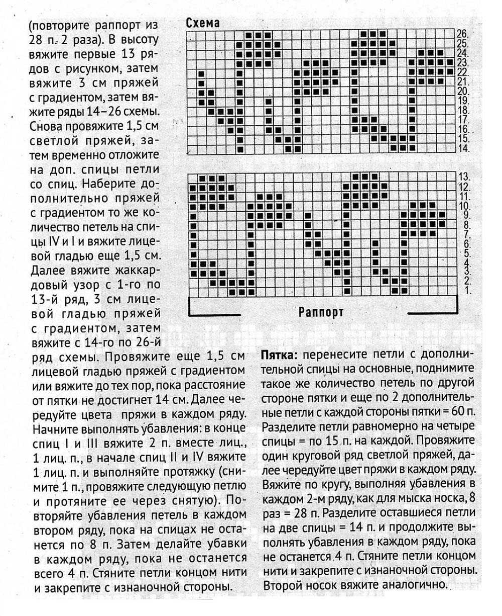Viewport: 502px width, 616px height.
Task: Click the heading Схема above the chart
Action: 203,24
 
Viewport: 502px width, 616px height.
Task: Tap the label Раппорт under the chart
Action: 321,312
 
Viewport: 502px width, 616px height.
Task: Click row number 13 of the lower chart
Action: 463,177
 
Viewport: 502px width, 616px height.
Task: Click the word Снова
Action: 49,125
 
